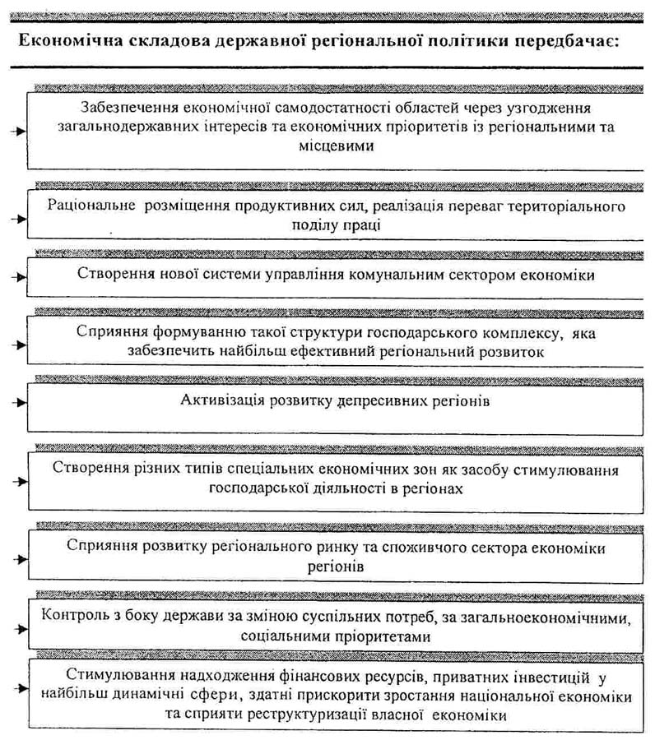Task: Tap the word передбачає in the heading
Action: tap(578, 39)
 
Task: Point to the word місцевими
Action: tap(337, 146)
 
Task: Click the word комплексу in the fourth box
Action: tap(506, 334)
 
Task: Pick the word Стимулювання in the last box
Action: tap(97, 678)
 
